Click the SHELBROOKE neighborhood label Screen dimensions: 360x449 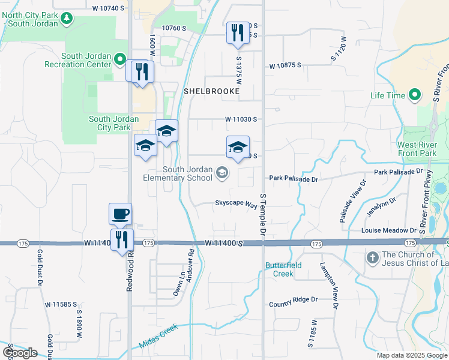pos(211,91)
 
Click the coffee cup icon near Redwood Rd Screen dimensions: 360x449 pos(120,213)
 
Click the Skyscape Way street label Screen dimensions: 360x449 pos(236,203)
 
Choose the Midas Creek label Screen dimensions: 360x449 pos(160,342)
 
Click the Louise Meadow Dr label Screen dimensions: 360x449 pos(389,230)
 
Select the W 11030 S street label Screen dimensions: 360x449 pos(241,119)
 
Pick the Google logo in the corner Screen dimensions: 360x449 pos(20,353)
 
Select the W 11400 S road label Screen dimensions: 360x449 pos(223,243)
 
